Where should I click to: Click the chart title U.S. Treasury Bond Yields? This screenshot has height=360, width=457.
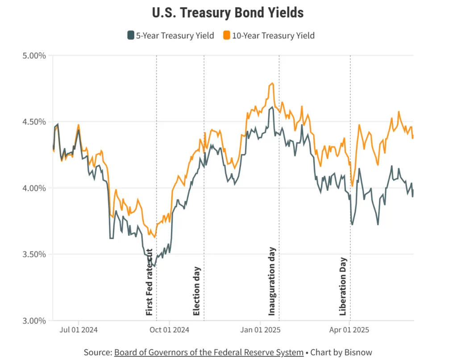tap(228, 13)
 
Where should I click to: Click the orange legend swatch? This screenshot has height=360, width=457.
tap(226, 35)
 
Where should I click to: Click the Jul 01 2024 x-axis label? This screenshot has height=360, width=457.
tap(79, 331)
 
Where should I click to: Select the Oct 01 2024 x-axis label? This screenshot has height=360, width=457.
tap(170, 331)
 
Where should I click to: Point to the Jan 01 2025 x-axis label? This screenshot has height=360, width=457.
tap(261, 331)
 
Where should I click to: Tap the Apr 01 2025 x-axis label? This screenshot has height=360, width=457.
tap(349, 331)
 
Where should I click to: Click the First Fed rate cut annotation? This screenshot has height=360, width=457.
tap(150, 282)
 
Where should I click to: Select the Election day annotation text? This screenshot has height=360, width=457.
tap(197, 291)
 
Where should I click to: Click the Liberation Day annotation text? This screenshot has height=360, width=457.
tap(343, 286)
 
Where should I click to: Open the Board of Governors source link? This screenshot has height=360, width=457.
tap(208, 352)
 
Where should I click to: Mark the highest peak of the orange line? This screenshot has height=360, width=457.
tap(272, 83)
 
